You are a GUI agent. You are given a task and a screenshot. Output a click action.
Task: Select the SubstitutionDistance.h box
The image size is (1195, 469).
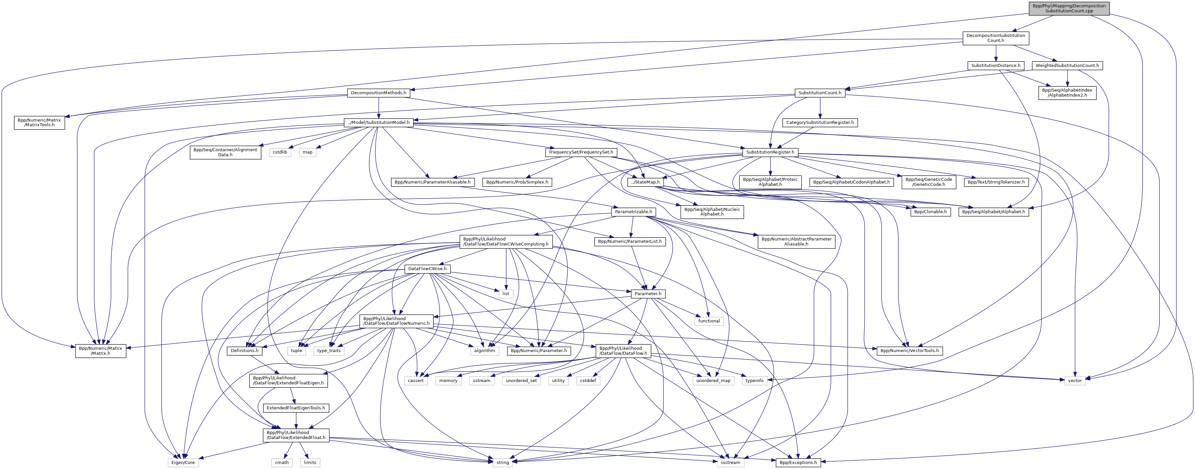(996, 66)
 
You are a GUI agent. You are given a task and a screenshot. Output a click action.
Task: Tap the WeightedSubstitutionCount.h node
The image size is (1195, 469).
(1067, 66)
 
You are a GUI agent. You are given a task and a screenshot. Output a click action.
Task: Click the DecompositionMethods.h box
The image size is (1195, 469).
(379, 93)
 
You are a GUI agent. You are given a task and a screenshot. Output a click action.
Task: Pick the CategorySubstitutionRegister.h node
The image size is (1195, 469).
(820, 123)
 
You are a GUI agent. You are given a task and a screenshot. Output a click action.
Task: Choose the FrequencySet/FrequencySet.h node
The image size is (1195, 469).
(581, 152)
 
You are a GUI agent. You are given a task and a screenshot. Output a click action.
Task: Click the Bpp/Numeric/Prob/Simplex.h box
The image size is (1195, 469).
(517, 182)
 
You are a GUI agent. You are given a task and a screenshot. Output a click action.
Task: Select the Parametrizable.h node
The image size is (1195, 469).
(633, 212)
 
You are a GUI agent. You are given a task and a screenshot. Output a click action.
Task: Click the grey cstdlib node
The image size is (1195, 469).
(280, 152)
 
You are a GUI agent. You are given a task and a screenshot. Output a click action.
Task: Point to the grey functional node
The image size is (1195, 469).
(709, 321)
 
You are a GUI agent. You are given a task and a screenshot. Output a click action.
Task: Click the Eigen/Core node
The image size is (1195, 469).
(183, 463)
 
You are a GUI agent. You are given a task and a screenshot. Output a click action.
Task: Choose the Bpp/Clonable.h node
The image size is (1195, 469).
(930, 212)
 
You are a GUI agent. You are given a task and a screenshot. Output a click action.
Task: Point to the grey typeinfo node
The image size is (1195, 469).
(754, 381)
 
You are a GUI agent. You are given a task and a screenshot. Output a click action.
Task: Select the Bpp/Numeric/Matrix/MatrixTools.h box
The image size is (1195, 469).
(39, 123)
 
